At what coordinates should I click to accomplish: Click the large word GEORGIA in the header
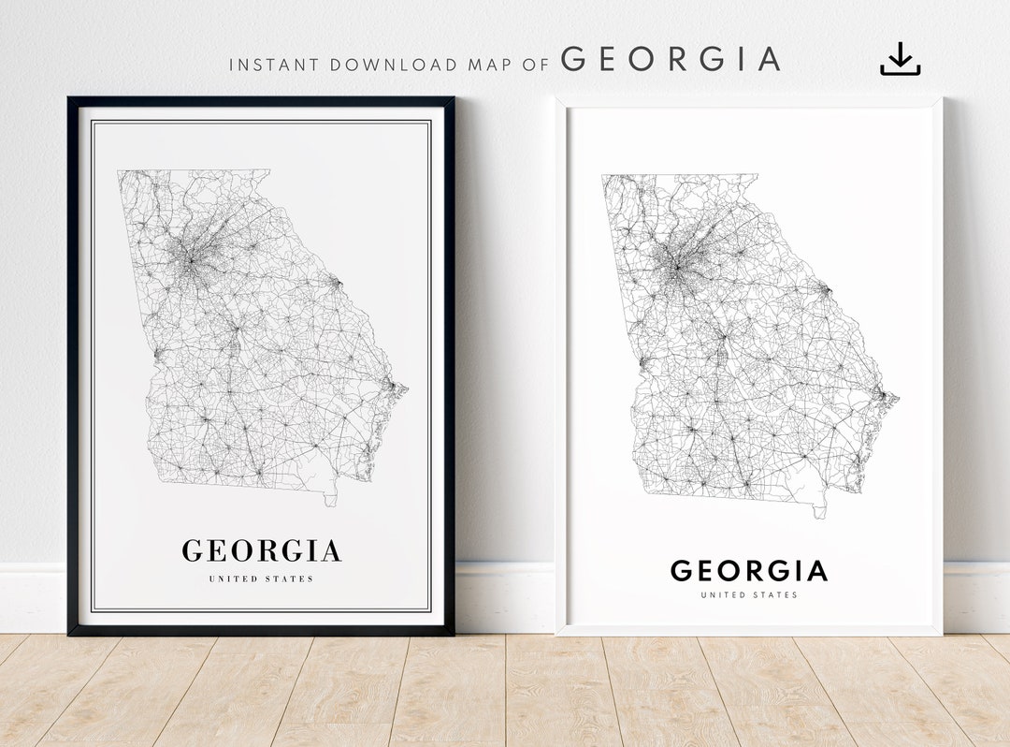671,59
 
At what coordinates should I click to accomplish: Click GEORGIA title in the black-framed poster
261,550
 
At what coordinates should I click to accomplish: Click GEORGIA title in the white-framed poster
748,570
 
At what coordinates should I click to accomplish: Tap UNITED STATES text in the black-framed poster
261,579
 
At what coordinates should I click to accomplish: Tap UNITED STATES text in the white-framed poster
748,594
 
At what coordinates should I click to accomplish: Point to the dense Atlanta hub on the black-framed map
190,261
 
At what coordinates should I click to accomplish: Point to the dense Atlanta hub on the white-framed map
676,267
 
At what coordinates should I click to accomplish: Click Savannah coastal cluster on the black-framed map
396,387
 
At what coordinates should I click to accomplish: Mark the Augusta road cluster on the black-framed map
336,282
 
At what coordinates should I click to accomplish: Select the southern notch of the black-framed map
330,500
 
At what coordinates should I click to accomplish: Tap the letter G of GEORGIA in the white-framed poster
682,570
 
